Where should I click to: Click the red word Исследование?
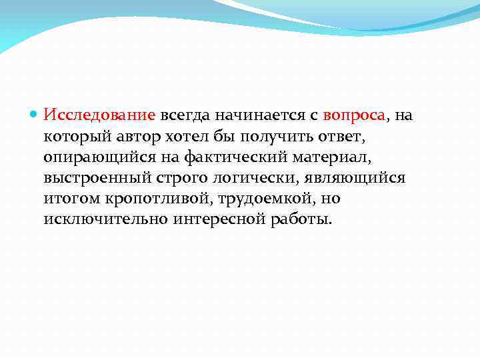point(99,115)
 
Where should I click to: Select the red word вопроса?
point(345,115)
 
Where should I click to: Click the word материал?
point(327,157)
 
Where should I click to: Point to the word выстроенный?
point(93,178)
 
